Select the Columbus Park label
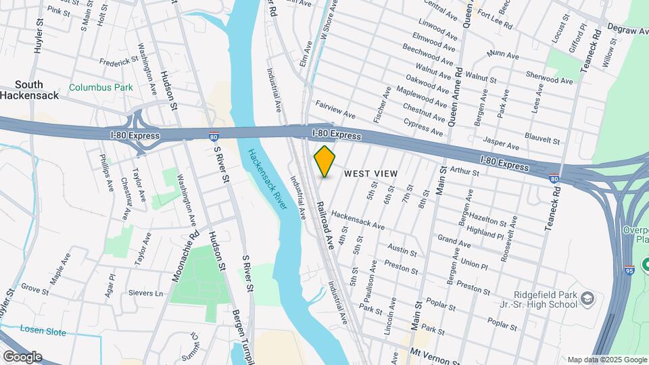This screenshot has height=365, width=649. pos(101,87)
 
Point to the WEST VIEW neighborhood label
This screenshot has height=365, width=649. pos(370,174)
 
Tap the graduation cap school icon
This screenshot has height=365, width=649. pos(587,298)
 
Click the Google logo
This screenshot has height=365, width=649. pos(22,357)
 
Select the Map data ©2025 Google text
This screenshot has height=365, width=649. pos(606,360)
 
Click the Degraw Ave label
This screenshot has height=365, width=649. pos(627,30)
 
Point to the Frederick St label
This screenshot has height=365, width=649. pos(118,61)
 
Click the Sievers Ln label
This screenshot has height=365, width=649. pos(149,293)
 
